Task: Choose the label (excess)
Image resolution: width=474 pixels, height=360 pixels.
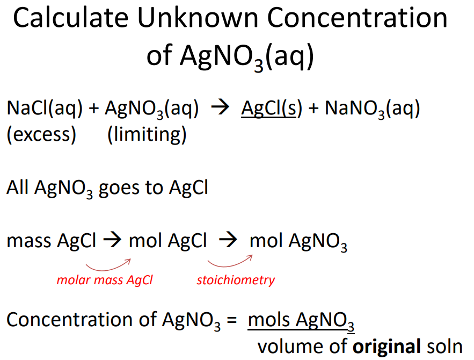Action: coord(41,134)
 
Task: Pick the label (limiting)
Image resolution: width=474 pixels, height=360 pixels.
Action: coord(147,134)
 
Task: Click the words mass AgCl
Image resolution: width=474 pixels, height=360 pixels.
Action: coord(51,241)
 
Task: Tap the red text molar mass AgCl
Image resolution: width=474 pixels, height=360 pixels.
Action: coord(105,280)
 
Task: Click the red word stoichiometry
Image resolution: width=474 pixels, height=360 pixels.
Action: coord(236,280)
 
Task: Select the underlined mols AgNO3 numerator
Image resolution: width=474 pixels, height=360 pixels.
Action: coord(301,320)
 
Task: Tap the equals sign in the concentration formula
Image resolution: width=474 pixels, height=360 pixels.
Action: coord(231,320)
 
